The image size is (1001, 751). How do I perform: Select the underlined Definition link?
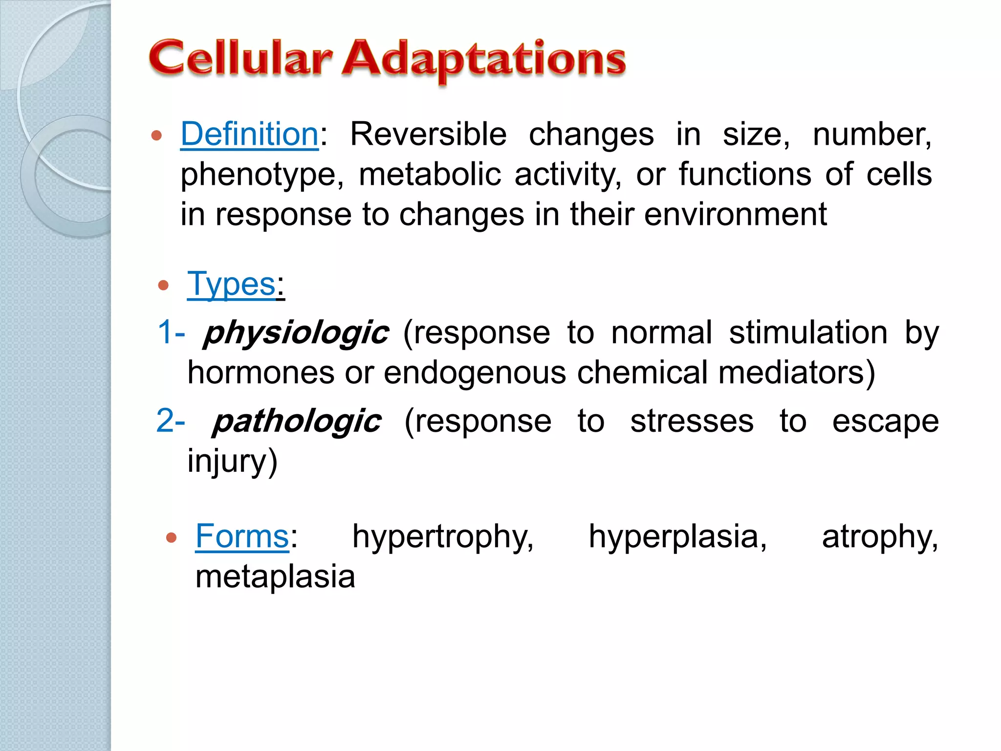[249, 134]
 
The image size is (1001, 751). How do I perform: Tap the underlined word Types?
[231, 284]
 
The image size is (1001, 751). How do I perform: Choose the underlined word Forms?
[242, 536]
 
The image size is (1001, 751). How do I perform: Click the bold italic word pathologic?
[297, 421]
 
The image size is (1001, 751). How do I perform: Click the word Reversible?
[428, 134]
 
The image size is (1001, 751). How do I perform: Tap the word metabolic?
[430, 174]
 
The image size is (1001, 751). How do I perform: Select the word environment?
[735, 214]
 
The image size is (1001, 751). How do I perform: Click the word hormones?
[261, 373]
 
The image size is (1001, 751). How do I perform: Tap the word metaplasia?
[275, 576]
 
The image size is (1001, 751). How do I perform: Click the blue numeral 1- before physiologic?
[171, 332]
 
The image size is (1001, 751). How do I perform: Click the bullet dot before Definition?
[156, 135]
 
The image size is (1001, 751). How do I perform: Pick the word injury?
[232, 462]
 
